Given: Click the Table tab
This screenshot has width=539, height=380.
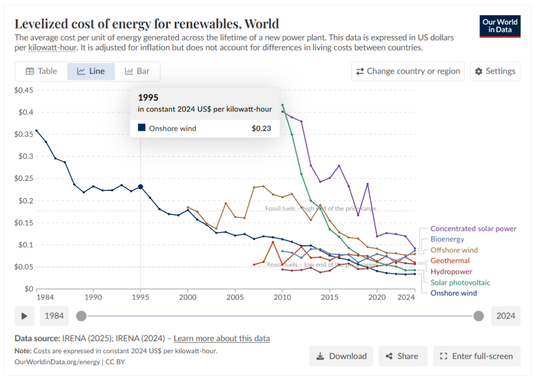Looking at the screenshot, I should [41, 71].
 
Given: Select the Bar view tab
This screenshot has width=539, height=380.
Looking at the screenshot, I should [137, 71].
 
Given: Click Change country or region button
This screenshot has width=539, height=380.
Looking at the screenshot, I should [408, 71].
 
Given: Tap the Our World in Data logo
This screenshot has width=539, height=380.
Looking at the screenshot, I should [500, 26].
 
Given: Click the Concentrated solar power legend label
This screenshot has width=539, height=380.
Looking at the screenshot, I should [473, 229].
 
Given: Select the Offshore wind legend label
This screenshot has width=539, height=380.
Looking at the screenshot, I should [454, 250].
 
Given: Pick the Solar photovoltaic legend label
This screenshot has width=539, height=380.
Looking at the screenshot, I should [460, 283].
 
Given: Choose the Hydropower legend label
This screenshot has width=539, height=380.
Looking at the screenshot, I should [451, 272].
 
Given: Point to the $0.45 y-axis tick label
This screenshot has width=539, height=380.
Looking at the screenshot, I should [24, 90].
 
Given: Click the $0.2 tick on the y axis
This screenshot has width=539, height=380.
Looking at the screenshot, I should [26, 201].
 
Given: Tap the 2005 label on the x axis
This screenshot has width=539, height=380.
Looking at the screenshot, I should [235, 297].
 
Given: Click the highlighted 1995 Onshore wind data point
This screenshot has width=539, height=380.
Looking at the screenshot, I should [141, 187].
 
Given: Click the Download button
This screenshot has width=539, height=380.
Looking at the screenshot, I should [341, 356].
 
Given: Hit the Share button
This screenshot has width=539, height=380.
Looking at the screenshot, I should [403, 356].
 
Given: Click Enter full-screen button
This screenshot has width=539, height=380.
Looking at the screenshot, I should [476, 356].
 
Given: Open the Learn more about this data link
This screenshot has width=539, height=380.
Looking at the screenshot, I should [222, 338].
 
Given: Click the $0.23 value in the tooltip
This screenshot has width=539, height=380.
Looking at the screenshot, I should [262, 128].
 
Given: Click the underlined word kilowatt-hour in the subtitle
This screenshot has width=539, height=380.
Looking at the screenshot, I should [53, 48].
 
